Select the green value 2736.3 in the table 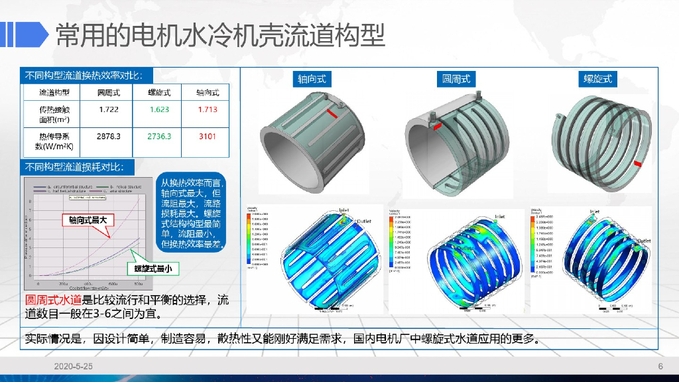(x=160, y=136)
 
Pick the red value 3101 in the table (x=208, y=136)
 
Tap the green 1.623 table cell (x=160, y=109)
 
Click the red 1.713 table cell (x=208, y=109)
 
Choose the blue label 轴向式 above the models (x=312, y=80)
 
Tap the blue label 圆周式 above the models (x=456, y=79)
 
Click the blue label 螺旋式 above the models (x=598, y=80)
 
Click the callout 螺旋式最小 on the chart (x=153, y=269)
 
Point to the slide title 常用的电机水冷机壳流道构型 (x=219, y=34)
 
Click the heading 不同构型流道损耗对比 (x=79, y=166)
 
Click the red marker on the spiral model (x=638, y=163)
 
